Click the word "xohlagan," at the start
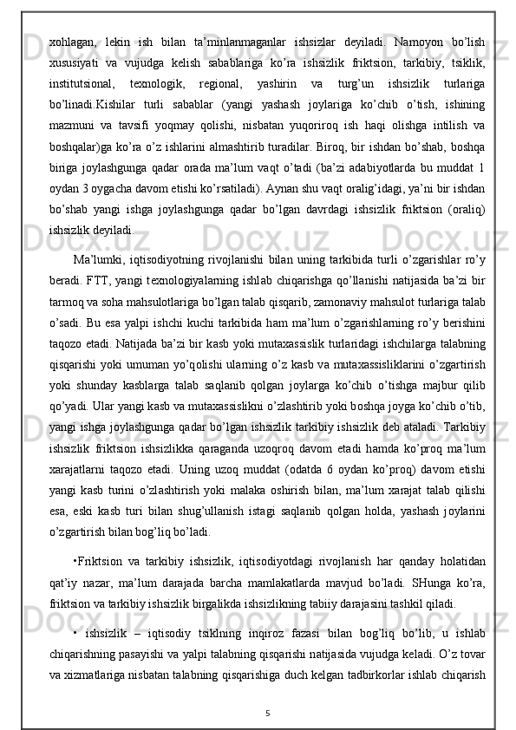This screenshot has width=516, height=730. coord(72,41)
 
